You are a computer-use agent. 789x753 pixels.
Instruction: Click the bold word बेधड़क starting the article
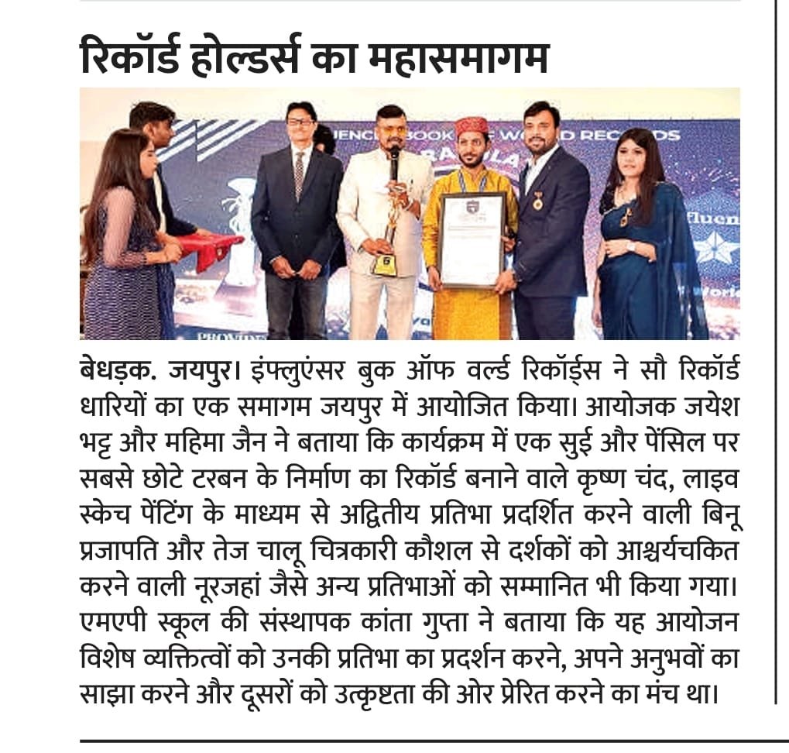116,370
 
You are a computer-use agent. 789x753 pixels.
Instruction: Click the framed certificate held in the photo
470,239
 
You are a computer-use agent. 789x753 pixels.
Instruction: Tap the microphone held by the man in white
394,160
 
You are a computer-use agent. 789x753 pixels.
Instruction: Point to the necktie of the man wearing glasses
299,174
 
